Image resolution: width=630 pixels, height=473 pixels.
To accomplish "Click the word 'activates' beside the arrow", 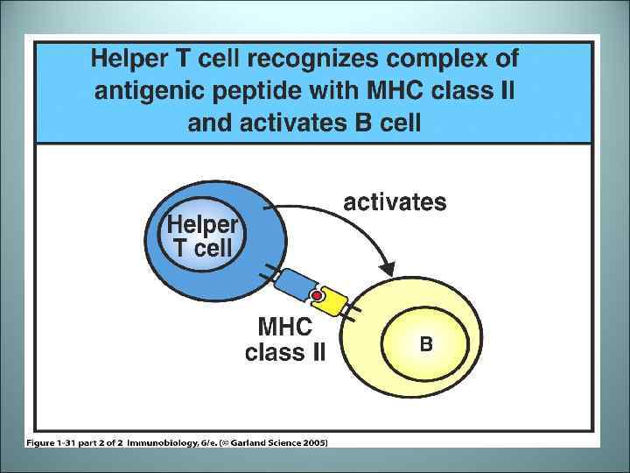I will point(395,203).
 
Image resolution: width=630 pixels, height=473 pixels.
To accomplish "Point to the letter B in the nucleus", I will point(425,344).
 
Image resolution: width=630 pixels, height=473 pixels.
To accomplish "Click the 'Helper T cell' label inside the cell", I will point(202,236).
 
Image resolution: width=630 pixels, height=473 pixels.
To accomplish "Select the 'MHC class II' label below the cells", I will point(285,341).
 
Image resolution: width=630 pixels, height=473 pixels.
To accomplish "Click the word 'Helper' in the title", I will point(134,60).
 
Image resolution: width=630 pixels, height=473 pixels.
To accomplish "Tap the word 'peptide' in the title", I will point(255,92).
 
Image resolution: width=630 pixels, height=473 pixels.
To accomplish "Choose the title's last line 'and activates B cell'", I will point(304,123).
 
